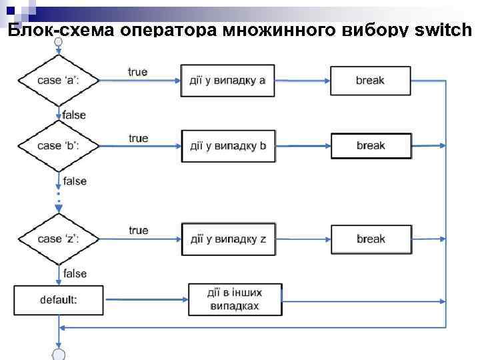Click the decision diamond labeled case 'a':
[x=59, y=81]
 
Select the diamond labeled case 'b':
[x=59, y=146]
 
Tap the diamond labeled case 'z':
[x=59, y=239]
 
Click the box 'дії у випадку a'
[x=227, y=81]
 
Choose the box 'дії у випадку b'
[x=227, y=146]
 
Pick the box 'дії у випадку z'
[x=227, y=239]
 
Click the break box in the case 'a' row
[x=371, y=81]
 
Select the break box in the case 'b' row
[x=371, y=146]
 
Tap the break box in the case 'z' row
[x=371, y=239]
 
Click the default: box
[x=59, y=300]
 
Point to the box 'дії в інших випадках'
[x=235, y=300]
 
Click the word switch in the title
[x=443, y=31]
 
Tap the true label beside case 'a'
[x=138, y=72]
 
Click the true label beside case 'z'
[x=138, y=231]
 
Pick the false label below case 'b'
[x=75, y=181]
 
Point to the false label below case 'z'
[x=75, y=273]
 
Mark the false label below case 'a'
[x=75, y=115]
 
